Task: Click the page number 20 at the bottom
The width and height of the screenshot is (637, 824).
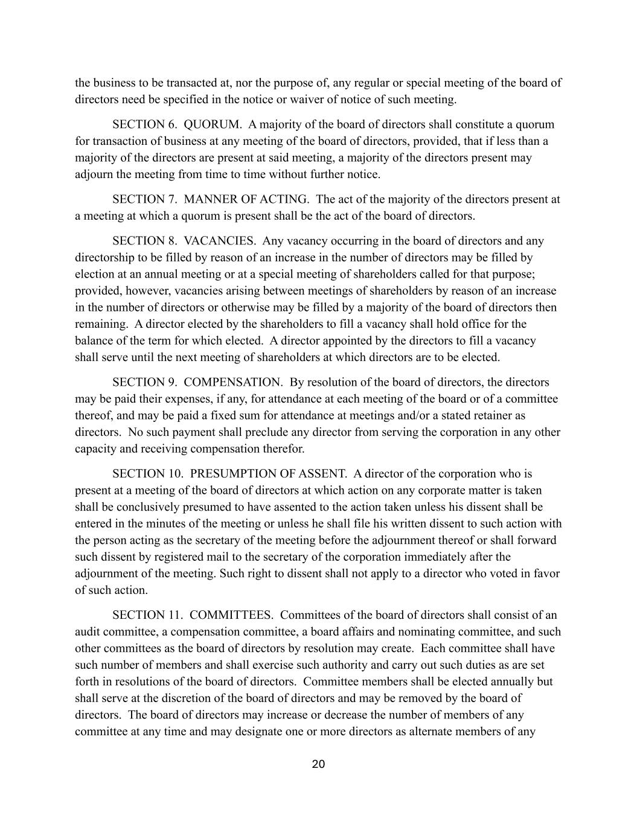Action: (318, 764)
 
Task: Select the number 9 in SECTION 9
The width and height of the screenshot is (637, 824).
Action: (170, 382)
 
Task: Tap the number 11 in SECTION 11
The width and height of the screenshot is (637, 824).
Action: (174, 615)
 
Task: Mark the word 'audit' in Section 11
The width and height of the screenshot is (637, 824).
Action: (88, 632)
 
